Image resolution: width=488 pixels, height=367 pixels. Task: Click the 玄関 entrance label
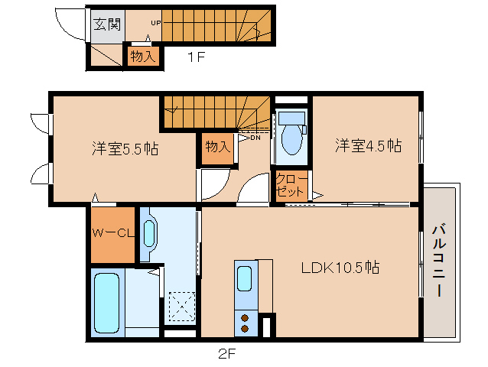(106, 24)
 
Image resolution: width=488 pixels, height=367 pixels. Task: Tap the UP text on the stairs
(155, 23)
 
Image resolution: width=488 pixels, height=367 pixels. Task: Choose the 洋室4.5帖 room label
(368, 145)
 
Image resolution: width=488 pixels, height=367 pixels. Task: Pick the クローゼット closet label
(291, 185)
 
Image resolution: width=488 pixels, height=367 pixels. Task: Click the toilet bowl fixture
(291, 141)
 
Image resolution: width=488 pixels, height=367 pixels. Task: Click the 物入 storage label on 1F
(143, 56)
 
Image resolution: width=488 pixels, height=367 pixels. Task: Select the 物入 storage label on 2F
(218, 146)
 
